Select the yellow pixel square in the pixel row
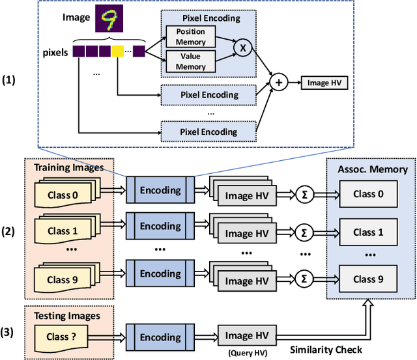coord(117,49)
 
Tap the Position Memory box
coord(192,36)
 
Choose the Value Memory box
coord(192,61)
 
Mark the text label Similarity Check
coord(325,350)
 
